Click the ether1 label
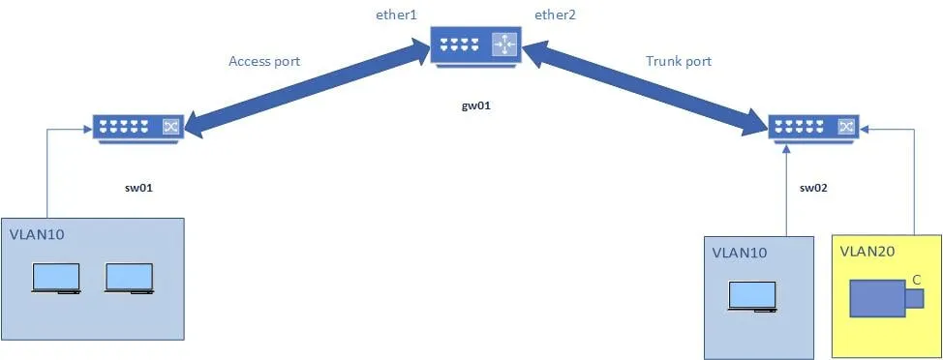[x=396, y=15]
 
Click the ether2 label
[x=555, y=15]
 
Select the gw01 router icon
[x=475, y=45]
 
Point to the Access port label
[x=264, y=61]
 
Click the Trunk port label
[x=679, y=61]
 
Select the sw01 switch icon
[x=137, y=128]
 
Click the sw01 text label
[x=137, y=188]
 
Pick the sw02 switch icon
[x=814, y=128]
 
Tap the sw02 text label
[x=813, y=188]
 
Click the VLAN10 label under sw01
[x=37, y=234]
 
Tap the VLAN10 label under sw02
[x=739, y=253]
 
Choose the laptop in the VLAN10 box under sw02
[x=751, y=296]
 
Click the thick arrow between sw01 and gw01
[x=307, y=88]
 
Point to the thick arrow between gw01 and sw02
[x=646, y=88]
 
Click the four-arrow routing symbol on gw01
[x=504, y=45]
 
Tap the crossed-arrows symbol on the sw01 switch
[x=169, y=127]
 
